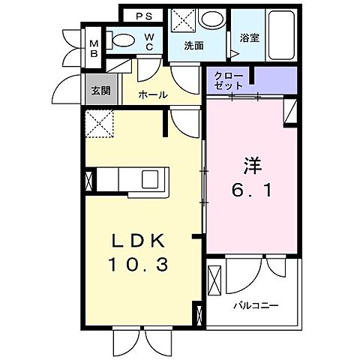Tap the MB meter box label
point(94,47)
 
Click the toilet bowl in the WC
point(123,40)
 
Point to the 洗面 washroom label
point(195,46)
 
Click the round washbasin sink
point(214,20)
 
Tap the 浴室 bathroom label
point(249,37)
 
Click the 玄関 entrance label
point(100,90)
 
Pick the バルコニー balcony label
point(255,307)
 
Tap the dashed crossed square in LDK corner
point(99,123)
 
